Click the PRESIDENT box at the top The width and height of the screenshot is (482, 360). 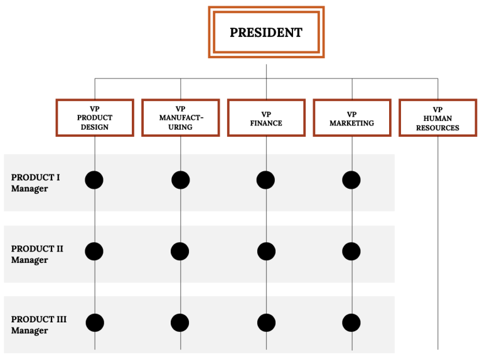coord(266,33)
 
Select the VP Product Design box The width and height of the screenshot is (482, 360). coord(95,118)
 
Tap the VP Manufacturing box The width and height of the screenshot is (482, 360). coord(181,118)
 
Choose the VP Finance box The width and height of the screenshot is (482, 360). coord(266,118)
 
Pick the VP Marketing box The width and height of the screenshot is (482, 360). coord(351,118)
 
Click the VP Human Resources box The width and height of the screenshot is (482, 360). coord(437,118)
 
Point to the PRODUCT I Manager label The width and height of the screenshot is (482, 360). coord(36,183)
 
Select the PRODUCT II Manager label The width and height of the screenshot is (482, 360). coord(37,254)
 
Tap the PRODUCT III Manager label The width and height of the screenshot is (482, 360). coord(39,325)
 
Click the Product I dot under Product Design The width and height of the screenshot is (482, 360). coord(94,180)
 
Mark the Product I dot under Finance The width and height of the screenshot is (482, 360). coord(266,180)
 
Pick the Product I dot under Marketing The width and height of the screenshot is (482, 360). coord(351,180)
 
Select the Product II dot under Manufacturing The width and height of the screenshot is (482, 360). coord(180,251)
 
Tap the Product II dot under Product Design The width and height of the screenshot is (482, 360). coord(94,251)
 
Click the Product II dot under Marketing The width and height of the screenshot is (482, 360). coord(351,251)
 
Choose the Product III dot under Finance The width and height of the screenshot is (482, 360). coord(266,323)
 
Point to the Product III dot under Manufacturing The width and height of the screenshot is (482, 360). coord(180,323)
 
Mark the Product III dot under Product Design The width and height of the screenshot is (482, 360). coord(94,323)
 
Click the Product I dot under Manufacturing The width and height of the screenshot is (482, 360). coord(180,180)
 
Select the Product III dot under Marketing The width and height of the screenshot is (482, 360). coord(351,323)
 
